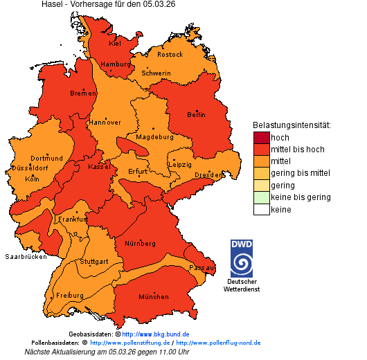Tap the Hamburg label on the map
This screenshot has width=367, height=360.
tap(116, 64)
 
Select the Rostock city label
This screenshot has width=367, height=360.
tap(170, 54)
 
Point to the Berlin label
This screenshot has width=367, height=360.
tap(197, 114)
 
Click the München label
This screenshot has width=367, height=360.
tap(154, 297)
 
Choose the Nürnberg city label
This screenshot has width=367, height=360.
tap(140, 244)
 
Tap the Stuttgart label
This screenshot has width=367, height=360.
tap(93, 262)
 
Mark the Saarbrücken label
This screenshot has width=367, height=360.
tap(26, 256)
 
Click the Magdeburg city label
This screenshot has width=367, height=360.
tap(154, 137)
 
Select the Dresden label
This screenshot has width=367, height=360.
tap(208, 176)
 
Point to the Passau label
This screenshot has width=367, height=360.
tap(202, 267)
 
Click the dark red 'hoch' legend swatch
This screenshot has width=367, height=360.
tap(261, 138)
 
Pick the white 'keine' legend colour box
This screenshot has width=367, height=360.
tap(261, 209)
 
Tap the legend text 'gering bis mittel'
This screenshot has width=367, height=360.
tap(301, 173)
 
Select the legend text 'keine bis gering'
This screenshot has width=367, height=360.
tap(301, 197)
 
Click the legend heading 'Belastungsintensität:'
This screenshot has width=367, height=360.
tap(292, 125)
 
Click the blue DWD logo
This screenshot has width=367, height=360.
tap(241, 258)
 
